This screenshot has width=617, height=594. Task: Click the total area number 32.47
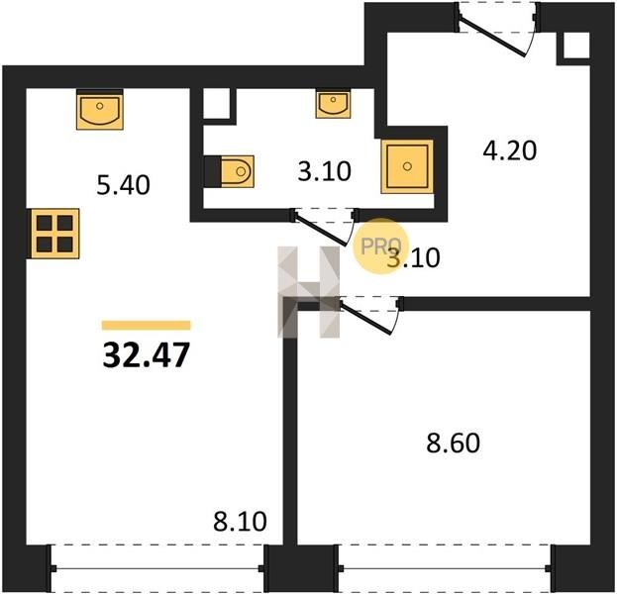coord(147,354)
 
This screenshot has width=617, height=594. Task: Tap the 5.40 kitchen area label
coord(123,185)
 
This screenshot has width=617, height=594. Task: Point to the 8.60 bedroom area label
coord(454,443)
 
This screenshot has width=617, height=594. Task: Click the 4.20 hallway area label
coord(510,150)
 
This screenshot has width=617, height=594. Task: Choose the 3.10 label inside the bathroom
coord(324,171)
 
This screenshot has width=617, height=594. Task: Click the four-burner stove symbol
coord(53,234)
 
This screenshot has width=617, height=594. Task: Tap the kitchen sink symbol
coord(100,110)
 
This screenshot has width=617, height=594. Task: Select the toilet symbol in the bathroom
coord(230,171)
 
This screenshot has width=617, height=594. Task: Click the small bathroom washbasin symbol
coord(334,104)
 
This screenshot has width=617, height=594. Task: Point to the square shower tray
coord(407,166)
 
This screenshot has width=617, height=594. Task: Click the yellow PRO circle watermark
coord(380,247)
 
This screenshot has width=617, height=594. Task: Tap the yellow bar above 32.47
coord(147,326)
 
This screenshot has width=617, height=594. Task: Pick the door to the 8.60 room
coord(370,315)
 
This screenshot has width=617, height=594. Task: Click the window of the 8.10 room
coord(157,568)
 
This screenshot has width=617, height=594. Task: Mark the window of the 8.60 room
coord(445,568)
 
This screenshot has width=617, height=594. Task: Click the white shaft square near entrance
coord(576,46)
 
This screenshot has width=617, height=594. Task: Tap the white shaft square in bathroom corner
coord(217,103)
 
